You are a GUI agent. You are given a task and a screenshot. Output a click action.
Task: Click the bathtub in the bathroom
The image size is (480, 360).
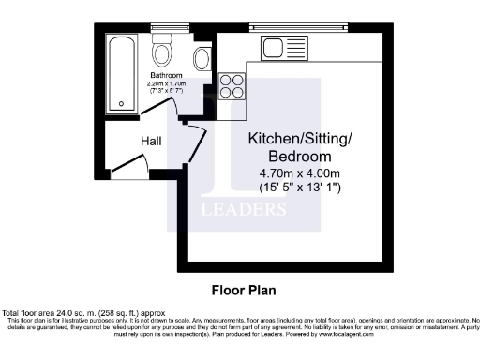[120, 73]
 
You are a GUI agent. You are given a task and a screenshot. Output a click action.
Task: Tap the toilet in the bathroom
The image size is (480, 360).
[162, 50]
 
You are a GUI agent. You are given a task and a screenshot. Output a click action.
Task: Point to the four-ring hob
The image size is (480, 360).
[232, 86]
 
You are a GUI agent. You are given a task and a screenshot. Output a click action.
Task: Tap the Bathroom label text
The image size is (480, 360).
[166, 75]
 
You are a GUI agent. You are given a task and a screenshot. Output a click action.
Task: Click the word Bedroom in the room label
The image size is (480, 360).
[300, 156]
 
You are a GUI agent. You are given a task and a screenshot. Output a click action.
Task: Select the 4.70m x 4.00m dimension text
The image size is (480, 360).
[300, 172]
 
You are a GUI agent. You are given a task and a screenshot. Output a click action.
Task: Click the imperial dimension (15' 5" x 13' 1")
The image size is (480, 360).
[300, 187]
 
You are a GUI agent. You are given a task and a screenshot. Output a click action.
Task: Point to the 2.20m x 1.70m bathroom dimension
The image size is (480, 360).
[166, 83]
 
